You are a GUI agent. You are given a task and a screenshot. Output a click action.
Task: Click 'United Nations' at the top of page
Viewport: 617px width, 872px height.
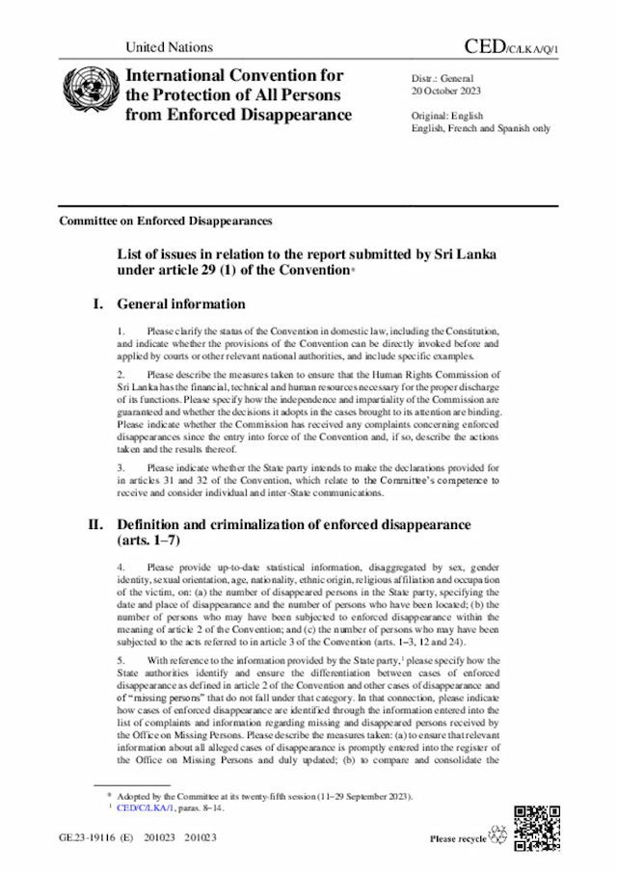tap(170, 47)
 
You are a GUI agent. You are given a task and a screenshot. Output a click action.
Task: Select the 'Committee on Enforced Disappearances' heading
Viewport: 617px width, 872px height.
tap(165, 221)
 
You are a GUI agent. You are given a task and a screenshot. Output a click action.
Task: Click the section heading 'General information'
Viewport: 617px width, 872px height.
tap(181, 304)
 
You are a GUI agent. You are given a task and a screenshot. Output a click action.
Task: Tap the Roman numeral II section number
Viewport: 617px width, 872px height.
tap(96, 525)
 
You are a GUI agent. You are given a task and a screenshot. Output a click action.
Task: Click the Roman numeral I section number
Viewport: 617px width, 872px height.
tap(98, 304)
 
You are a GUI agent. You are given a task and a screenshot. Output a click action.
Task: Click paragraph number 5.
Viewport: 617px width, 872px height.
tap(121, 633)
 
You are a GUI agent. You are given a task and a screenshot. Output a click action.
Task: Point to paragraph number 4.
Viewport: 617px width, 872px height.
tap(121, 568)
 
